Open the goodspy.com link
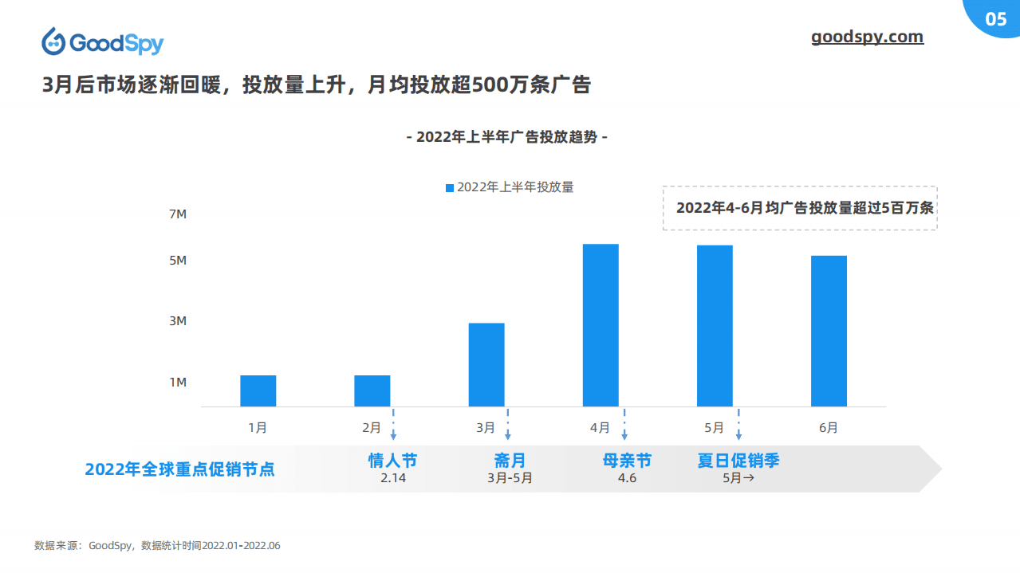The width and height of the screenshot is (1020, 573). [x=867, y=37]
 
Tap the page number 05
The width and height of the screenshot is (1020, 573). [x=996, y=20]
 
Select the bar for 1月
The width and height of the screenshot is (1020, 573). [x=258, y=391]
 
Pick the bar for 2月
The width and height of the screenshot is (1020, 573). [x=372, y=391]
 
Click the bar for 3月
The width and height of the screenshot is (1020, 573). [x=486, y=364]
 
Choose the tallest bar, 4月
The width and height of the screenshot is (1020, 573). [x=601, y=325]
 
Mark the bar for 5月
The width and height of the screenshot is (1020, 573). [x=715, y=325]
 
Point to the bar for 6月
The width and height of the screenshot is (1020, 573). [x=829, y=331]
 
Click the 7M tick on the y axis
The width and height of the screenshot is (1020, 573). [x=177, y=214]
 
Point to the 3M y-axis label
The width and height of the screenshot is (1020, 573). [x=177, y=321]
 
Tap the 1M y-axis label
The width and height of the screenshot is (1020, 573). [x=177, y=383]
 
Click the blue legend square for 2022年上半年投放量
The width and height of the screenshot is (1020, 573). [x=450, y=188]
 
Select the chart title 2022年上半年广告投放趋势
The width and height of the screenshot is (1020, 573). [x=506, y=137]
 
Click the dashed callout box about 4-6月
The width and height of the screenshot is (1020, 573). [x=800, y=208]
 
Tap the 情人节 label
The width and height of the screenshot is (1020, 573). [x=392, y=461]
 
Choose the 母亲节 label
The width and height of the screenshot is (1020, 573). [x=627, y=461]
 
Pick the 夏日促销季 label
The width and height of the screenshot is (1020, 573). [x=738, y=461]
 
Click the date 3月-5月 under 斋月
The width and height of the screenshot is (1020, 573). [x=510, y=479]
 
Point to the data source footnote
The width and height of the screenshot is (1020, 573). [x=157, y=546]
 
